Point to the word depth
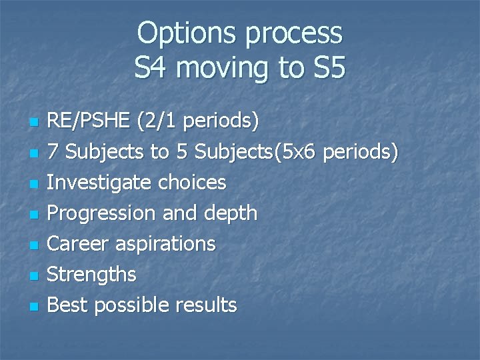[229, 213]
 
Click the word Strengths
[92, 274]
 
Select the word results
[206, 305]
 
